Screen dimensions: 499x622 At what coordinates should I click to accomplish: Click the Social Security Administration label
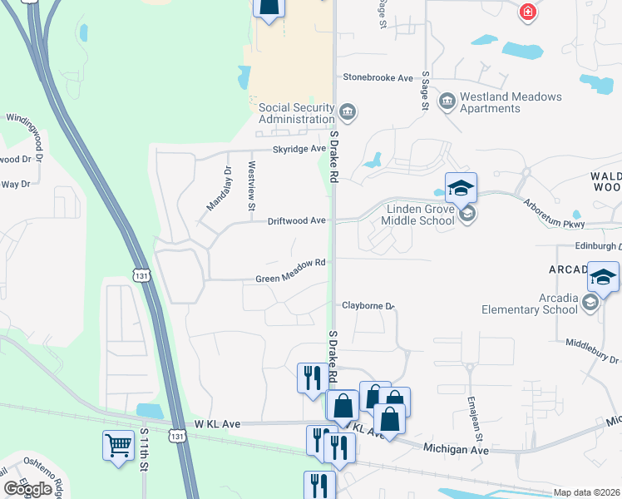point(296,113)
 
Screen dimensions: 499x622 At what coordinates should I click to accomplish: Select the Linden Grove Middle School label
point(418,214)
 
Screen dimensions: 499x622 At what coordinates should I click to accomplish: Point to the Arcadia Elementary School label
point(530,304)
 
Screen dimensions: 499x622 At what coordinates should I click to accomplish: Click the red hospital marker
point(527,12)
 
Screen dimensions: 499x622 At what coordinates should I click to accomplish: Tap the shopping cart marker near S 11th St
point(118,446)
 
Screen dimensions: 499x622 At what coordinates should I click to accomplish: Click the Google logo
point(27,489)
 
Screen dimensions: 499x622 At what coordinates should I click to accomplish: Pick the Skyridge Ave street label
point(299,149)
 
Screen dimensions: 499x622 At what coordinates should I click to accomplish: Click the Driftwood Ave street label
point(295,221)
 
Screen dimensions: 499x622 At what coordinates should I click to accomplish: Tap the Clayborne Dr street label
point(368,306)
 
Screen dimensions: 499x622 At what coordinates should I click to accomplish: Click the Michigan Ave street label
point(456,448)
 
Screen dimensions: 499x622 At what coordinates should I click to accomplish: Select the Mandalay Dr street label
point(216,188)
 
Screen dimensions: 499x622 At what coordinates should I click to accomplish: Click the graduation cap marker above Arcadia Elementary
point(603,277)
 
